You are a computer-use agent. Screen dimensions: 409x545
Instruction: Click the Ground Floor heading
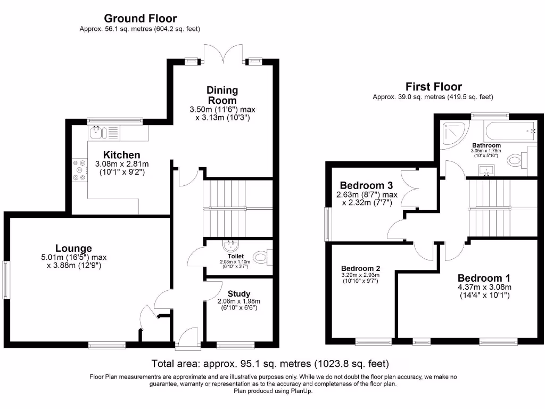tap(140, 19)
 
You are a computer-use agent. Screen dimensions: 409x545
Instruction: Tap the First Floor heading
tap(433, 86)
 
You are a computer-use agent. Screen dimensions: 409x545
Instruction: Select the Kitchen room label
tap(122, 154)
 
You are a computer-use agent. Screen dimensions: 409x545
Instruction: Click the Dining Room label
tap(222, 95)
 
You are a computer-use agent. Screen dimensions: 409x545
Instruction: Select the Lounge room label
tap(73, 248)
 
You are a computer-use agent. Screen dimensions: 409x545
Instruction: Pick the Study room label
tap(238, 293)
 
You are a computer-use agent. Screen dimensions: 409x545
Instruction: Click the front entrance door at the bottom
tap(187, 339)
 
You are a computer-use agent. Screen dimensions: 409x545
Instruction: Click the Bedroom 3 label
tap(366, 185)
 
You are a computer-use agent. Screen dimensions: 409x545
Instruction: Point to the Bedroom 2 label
tap(360, 268)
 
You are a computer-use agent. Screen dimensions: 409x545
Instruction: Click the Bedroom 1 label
tap(484, 278)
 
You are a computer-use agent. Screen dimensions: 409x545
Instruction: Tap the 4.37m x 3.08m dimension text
tap(484, 288)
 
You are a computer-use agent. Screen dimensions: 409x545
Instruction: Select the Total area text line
tap(270, 364)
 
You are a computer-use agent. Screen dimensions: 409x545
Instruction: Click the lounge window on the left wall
tap(6, 279)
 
